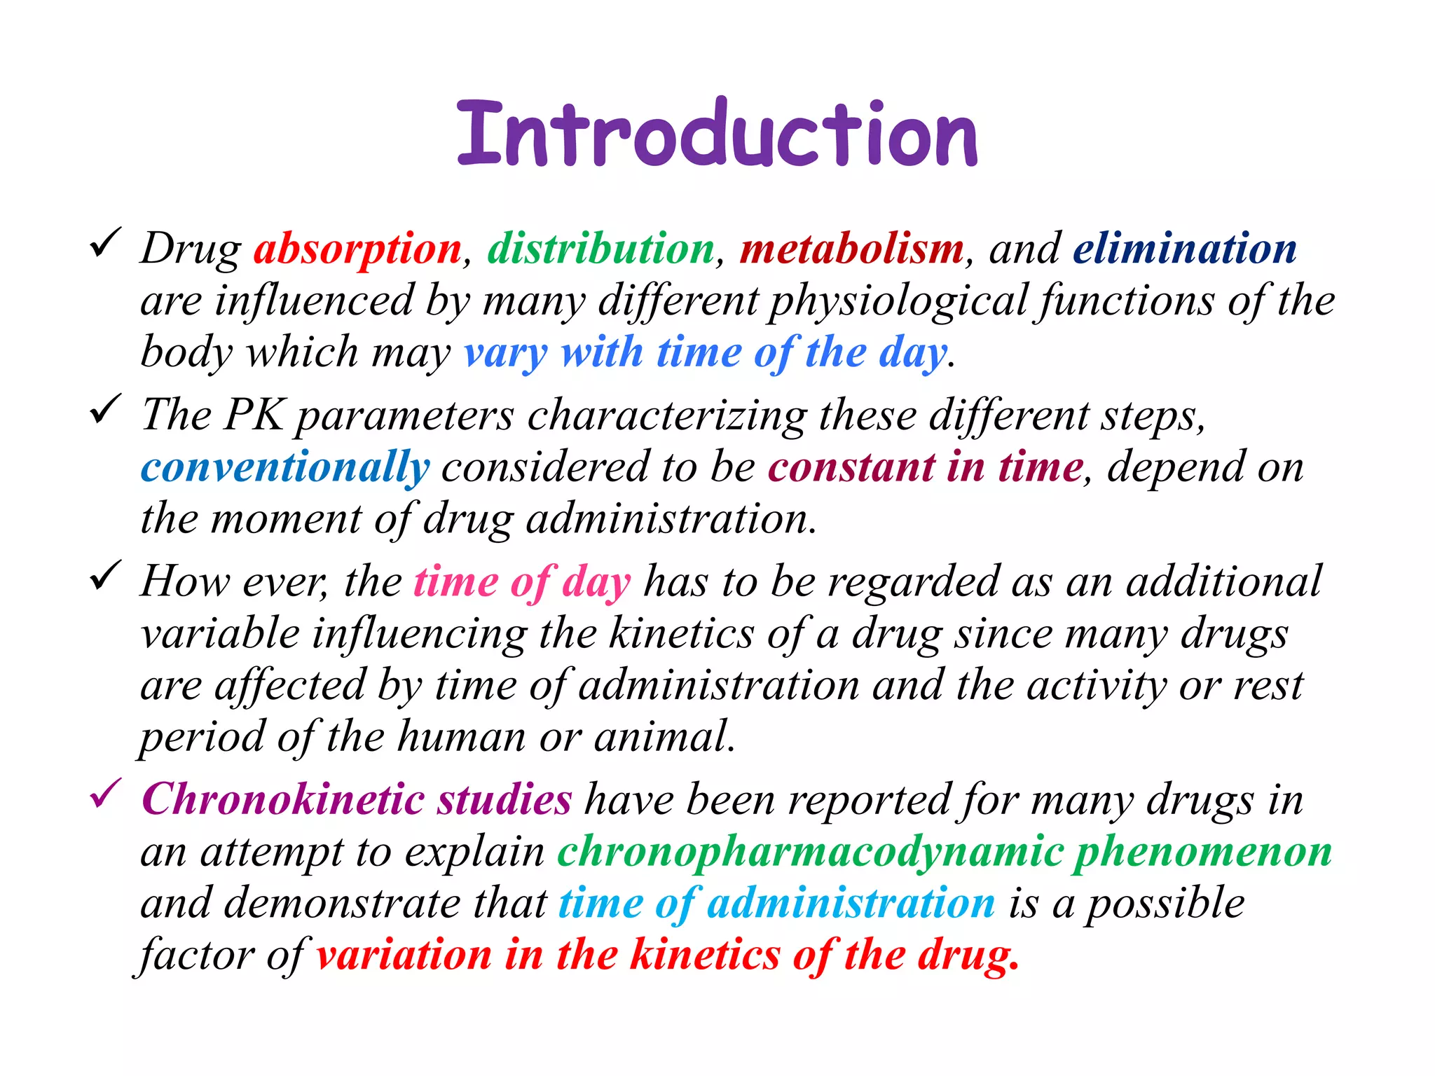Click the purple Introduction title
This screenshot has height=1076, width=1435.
717,133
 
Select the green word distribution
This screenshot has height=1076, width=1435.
600,249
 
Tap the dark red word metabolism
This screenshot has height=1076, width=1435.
851,249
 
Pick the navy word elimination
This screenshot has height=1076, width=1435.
1184,249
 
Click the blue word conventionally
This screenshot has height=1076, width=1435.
284,468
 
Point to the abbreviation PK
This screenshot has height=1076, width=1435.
254,415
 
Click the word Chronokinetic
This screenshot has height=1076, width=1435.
282,799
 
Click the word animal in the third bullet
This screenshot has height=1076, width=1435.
664,737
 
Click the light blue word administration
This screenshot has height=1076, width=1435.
851,903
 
